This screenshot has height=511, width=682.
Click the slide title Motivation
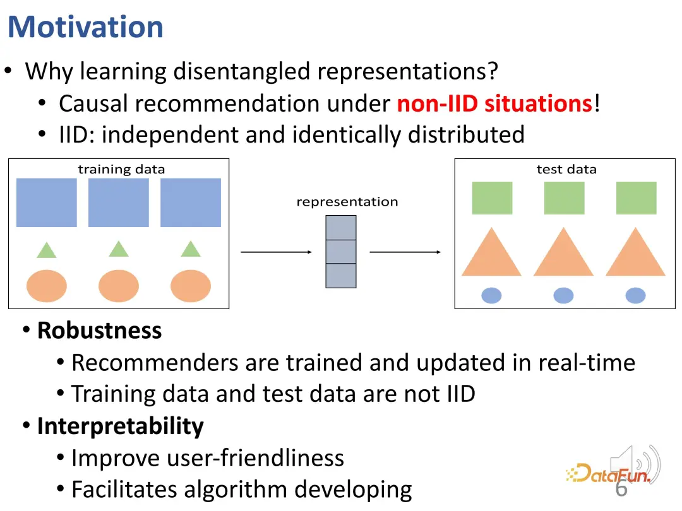86,27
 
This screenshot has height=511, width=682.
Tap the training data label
121,169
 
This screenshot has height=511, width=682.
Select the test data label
566,169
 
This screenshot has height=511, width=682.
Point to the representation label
347,202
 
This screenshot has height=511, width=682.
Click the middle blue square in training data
119,203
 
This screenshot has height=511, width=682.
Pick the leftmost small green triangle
47,250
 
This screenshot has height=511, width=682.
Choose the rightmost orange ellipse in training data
191,286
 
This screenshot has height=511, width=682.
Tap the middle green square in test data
564,198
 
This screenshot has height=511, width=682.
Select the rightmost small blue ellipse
635,295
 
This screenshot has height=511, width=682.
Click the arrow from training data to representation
276,252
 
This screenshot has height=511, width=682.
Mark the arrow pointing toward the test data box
405,252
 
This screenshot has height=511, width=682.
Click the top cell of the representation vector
341,228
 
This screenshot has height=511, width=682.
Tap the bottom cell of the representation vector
341,276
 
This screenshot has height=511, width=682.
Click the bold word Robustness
100,330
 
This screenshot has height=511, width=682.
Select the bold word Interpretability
121,426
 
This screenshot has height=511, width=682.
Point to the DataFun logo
609,473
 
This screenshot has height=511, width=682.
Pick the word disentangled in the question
242,72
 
